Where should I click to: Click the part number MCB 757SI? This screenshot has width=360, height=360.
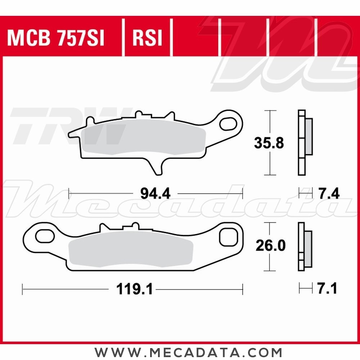point(56,39)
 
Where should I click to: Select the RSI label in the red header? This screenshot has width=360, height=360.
point(148,39)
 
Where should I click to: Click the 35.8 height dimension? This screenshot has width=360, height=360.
point(269,143)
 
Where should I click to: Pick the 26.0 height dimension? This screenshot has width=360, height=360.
point(270,246)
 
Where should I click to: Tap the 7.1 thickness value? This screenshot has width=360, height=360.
point(327,289)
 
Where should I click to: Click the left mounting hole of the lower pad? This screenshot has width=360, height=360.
point(44,237)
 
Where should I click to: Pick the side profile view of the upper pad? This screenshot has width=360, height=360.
point(304,142)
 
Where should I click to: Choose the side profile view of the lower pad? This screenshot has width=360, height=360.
point(304,247)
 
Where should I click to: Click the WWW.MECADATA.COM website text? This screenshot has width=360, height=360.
point(188,351)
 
